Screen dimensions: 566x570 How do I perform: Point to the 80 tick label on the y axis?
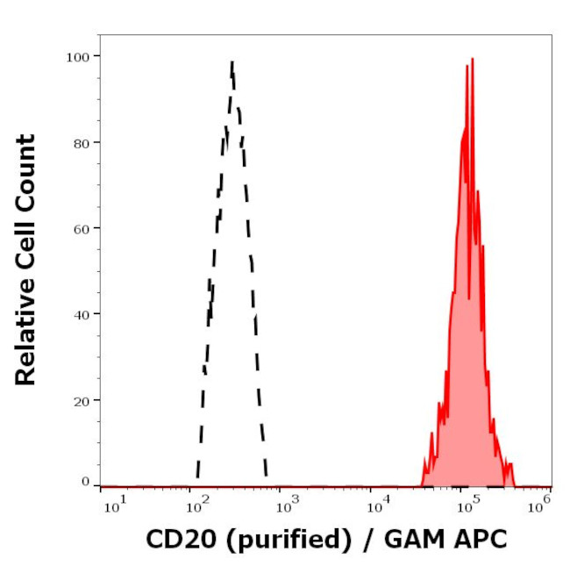(81, 142)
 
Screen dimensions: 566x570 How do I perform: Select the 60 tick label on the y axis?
(81, 228)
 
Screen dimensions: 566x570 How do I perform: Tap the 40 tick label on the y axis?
(81, 313)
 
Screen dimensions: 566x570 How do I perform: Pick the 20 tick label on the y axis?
(81, 399)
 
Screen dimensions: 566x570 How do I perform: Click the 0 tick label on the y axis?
(85, 482)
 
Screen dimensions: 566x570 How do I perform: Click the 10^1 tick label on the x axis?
(113, 502)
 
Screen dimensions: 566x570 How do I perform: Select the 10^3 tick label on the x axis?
(288, 502)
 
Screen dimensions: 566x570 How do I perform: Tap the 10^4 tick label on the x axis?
(379, 502)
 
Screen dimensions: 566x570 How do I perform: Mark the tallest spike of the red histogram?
(471, 60)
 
